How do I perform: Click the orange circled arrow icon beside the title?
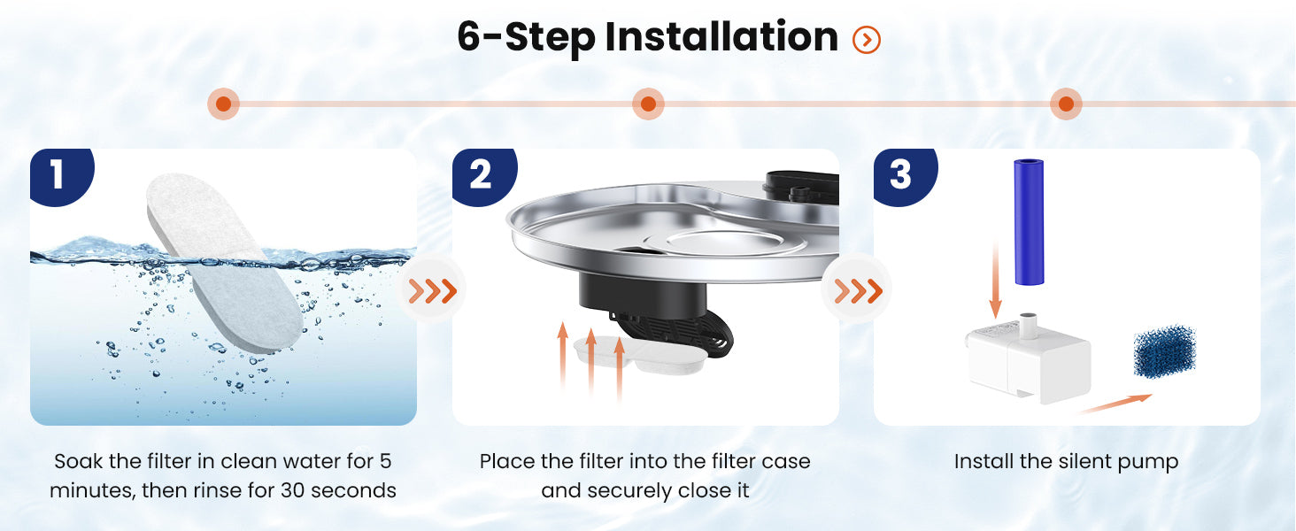tap(866, 39)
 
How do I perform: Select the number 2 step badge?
tap(483, 176)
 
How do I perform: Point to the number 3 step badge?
tap(905, 176)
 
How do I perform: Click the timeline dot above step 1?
tap(223, 104)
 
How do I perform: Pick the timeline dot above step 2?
tap(648, 104)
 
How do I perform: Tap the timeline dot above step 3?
tap(1066, 104)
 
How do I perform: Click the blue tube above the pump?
tap(1029, 222)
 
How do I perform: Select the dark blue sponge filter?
tap(1164, 351)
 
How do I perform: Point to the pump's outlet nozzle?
tap(1028, 325)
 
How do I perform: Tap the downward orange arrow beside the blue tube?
tap(995, 280)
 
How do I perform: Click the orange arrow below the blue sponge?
tap(1115, 404)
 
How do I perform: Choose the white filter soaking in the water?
tap(225, 263)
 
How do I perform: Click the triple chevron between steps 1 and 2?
tap(432, 290)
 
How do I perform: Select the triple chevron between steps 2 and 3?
tap(858, 290)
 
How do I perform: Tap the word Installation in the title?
tap(721, 37)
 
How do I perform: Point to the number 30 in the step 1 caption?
tap(293, 490)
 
